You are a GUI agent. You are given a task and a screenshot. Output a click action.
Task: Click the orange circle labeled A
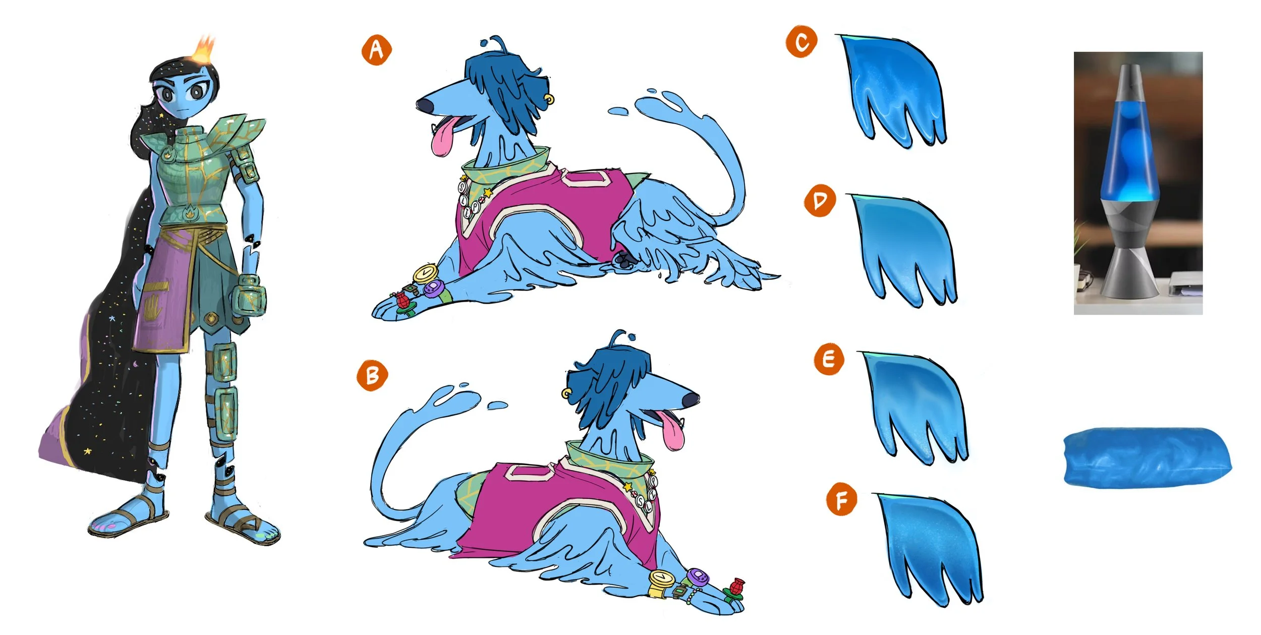[x=376, y=50]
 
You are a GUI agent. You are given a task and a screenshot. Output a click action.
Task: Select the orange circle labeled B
[x=372, y=375]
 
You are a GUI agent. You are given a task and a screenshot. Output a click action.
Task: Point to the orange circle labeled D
[x=820, y=200]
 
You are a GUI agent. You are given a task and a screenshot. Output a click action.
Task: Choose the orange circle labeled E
[x=829, y=359]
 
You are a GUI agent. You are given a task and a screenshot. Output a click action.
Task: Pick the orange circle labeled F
[x=841, y=499]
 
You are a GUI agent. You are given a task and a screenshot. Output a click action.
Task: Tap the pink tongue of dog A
[x=443, y=136]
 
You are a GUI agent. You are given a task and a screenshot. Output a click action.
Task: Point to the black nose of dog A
[x=424, y=104]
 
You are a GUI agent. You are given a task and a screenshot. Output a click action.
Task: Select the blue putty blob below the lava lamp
[x=1148, y=456]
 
